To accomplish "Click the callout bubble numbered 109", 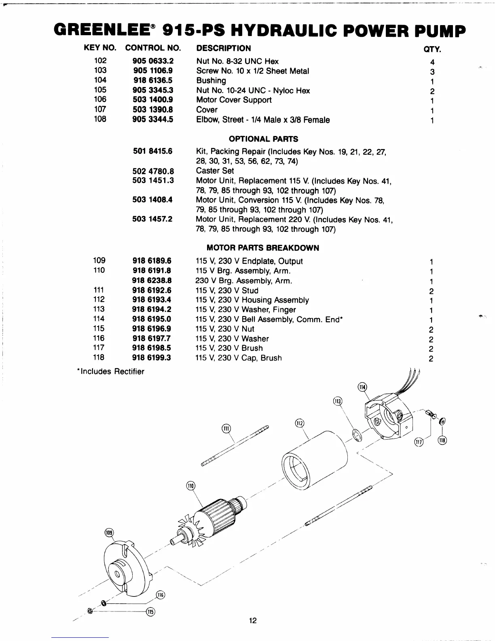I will [x=109, y=533].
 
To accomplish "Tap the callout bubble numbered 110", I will [x=190, y=486].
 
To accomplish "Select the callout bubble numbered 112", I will [x=300, y=423].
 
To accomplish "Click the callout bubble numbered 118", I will [x=443, y=440].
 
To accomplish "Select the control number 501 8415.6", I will [x=152, y=151].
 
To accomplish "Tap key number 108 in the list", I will [x=100, y=119].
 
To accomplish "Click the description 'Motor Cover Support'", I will [x=234, y=100].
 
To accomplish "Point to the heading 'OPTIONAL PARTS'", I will [x=263, y=139].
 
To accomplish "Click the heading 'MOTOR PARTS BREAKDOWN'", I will [x=262, y=248].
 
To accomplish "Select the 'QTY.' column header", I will [x=432, y=50].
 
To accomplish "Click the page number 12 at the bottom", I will [x=253, y=620].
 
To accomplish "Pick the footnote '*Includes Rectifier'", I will [x=110, y=371].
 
